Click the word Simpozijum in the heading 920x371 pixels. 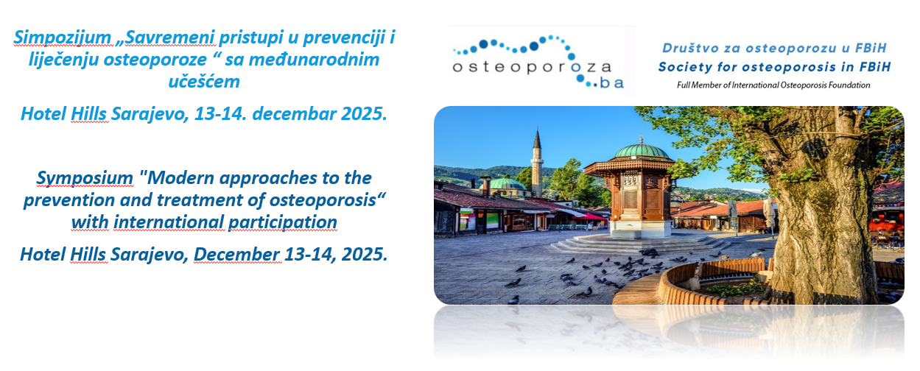click(63, 38)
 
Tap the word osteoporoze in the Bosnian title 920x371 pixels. click(155, 60)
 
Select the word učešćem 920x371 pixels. click(204, 81)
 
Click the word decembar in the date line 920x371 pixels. click(294, 113)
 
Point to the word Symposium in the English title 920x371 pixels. click(85, 179)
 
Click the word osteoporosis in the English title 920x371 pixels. click(323, 201)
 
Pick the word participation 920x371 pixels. click(283, 223)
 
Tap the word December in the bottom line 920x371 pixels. click(237, 255)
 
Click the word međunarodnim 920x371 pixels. click(315, 60)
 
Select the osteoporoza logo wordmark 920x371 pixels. click(532, 66)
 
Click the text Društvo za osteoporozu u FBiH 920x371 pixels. click(774, 49)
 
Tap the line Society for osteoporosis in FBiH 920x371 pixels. click(774, 67)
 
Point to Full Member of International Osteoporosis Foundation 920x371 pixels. click(773, 85)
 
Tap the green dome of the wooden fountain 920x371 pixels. click(641, 151)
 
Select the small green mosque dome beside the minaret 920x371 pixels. click(503, 184)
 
